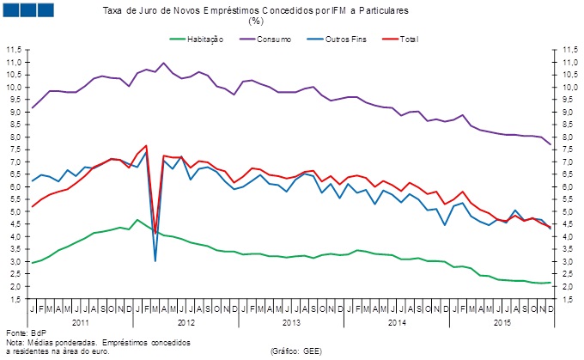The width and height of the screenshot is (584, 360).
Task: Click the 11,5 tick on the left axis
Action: pos(15,51)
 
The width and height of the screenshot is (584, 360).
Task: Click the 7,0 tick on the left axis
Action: pos(15,162)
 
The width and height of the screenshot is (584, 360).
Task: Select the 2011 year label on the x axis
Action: pos(80,321)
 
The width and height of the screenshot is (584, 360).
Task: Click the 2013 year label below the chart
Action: pos(290,321)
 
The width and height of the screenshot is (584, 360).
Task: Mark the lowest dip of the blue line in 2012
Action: pos(155,260)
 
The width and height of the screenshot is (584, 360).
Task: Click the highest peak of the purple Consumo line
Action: pos(164,63)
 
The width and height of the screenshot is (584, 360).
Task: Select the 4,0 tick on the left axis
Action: pos(15,236)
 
